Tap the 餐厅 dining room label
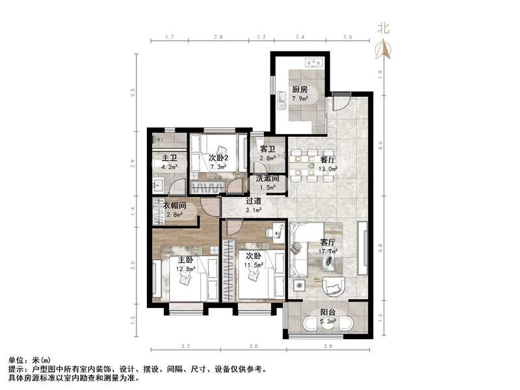pyautogui.click(x=328, y=159)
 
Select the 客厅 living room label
pyautogui.click(x=328, y=242)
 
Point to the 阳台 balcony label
pyautogui.click(x=328, y=312)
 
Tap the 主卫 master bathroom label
pyautogui.click(x=170, y=158)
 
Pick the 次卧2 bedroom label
pyautogui.click(x=219, y=158)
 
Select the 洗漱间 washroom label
pyautogui.click(x=267, y=179)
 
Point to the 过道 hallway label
pyautogui.click(x=253, y=201)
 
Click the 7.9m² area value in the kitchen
pyautogui.click(x=300, y=99)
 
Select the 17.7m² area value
pyautogui.click(x=328, y=251)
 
